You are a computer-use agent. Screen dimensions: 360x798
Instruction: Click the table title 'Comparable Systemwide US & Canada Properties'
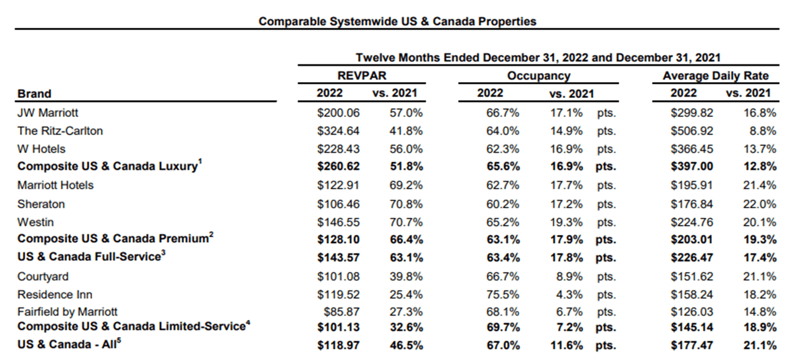point(398,21)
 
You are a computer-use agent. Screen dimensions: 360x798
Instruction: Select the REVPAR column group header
point(362,76)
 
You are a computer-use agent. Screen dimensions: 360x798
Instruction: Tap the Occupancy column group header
point(538,76)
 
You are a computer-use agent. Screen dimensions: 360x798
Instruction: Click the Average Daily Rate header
point(715,76)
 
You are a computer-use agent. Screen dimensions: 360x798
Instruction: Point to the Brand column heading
point(34,93)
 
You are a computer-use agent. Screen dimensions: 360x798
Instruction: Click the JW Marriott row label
point(48,113)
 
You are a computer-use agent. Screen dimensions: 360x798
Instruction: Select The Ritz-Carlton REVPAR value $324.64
point(338,131)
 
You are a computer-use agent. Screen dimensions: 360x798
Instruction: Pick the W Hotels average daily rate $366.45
point(692,149)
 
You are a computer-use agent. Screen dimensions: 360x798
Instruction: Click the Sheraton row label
point(41,204)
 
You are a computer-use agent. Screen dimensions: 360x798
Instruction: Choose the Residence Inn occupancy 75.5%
point(503,294)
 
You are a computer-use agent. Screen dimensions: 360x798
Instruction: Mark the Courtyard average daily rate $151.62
point(692,276)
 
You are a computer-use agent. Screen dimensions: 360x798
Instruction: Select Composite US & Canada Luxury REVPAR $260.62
point(338,167)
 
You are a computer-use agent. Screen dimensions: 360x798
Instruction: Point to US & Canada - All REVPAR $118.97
point(338,345)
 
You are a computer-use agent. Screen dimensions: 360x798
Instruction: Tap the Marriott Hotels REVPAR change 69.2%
point(406,185)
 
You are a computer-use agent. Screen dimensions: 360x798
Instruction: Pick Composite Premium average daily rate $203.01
point(692,240)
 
